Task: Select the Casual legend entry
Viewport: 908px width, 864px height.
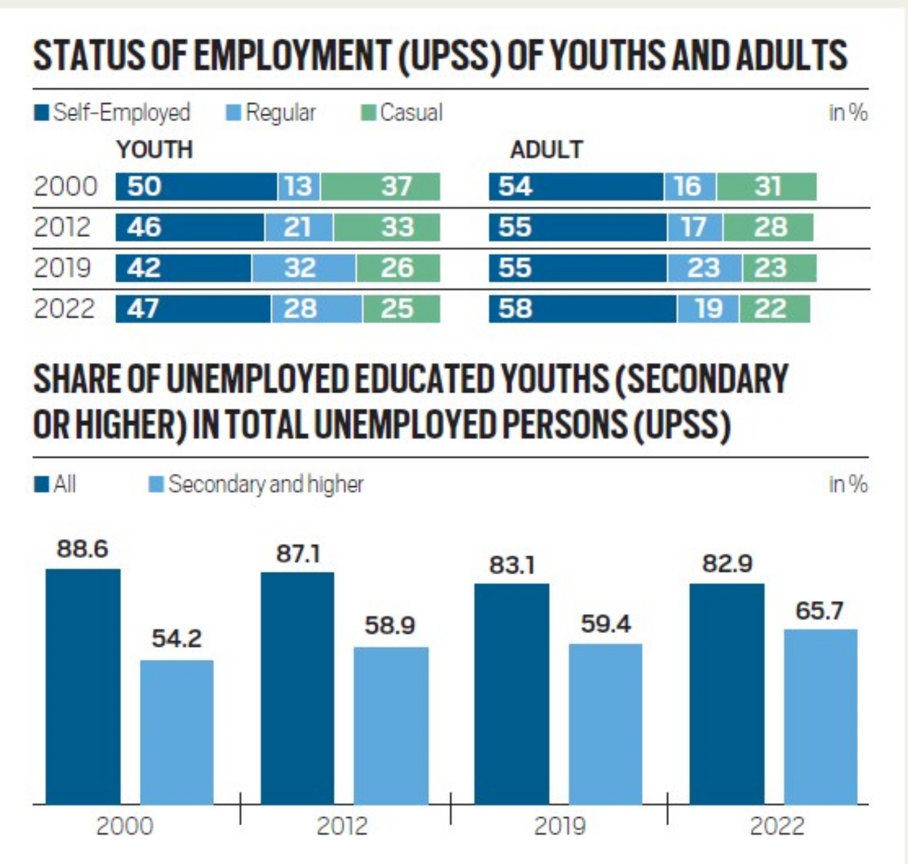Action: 402,112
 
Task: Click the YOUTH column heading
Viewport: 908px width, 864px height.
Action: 155,150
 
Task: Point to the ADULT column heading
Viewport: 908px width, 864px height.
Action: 546,150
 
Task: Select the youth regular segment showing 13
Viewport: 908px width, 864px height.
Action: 299,187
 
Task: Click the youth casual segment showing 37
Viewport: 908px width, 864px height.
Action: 380,187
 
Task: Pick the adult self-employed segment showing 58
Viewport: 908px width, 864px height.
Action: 582,309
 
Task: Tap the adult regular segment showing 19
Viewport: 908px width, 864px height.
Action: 708,309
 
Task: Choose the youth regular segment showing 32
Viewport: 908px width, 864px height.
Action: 304,268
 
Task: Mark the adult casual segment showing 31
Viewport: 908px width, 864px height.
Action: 766,187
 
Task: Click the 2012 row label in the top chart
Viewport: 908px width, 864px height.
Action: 62,227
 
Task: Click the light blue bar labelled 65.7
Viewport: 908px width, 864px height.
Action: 821,716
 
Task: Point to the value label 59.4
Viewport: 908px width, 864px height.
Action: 606,624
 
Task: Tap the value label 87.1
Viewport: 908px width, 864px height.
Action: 298,553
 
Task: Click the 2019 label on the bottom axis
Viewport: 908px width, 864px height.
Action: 560,826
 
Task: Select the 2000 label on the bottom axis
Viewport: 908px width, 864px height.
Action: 125,826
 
